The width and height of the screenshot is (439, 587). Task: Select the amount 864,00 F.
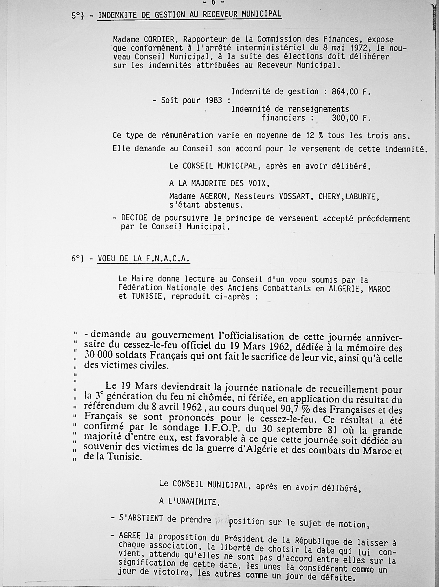pos(351,92)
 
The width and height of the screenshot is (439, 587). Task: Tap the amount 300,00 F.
pos(351,118)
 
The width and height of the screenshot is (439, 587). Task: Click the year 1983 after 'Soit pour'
pos(214,101)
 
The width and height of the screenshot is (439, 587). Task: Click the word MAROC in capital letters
pos(379,289)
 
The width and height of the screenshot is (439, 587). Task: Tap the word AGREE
pos(130,536)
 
